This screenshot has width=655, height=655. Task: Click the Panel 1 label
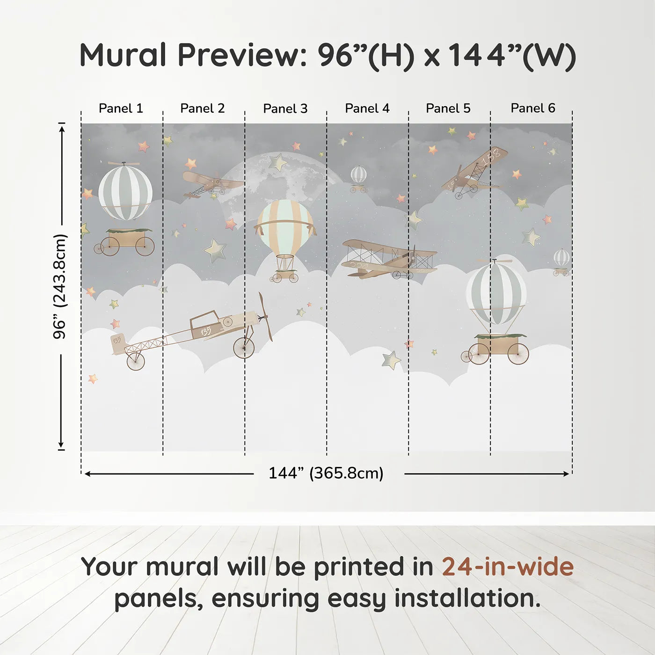pos(121,109)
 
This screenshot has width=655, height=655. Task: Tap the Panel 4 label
pos(367,109)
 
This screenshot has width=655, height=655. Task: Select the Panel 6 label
pos(532,109)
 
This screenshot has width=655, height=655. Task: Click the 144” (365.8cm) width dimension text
pos(326,473)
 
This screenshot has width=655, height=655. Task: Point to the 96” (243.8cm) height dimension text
pos(60,286)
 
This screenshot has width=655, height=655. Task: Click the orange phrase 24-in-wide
pos(508,567)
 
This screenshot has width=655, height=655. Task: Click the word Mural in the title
pos(123,55)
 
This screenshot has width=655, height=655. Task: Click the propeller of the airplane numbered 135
pos(265,316)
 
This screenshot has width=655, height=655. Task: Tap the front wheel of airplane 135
pos(244,348)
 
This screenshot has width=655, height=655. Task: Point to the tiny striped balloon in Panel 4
pos(358,176)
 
